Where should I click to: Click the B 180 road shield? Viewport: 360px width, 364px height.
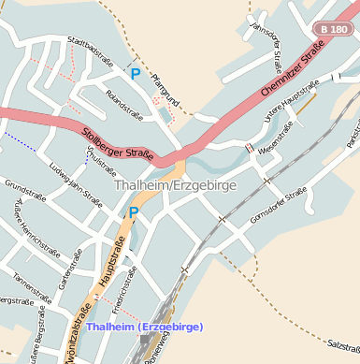[333, 30]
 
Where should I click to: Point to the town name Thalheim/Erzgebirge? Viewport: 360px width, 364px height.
[176, 185]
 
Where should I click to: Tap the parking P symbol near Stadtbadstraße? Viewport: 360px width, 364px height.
[136, 73]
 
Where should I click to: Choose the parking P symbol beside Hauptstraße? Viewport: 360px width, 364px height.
[133, 213]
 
